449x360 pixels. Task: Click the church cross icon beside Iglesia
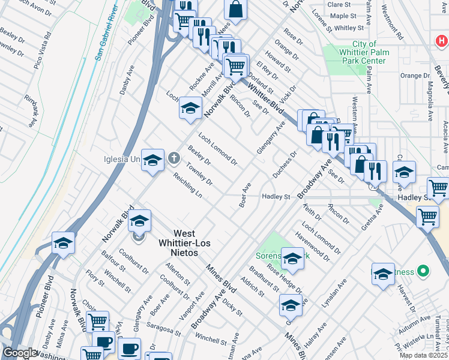click(x=174, y=159)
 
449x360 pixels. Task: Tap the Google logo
click(x=19, y=353)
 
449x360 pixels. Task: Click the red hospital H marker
click(x=442, y=41)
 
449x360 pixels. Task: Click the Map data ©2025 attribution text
click(x=424, y=355)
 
